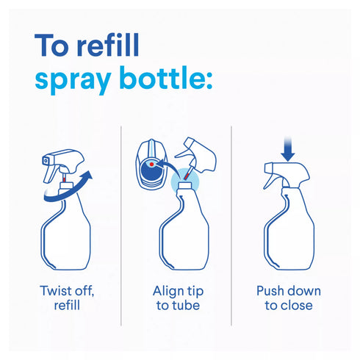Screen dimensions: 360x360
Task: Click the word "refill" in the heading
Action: (108, 45)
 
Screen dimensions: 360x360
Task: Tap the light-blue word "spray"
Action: (73, 79)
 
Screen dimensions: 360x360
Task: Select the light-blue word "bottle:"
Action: (166, 76)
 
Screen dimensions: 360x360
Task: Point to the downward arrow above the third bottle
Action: (288, 149)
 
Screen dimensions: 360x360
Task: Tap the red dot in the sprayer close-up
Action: (151, 165)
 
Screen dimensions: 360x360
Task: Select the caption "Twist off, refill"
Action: (67, 298)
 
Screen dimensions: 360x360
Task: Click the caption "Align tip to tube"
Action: (178, 298)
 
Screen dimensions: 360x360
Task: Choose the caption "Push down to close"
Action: (289, 298)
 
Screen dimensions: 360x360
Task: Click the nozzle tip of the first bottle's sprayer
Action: (46, 160)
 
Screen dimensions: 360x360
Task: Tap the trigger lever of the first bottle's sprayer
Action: (51, 173)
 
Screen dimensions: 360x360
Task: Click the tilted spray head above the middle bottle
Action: (196, 156)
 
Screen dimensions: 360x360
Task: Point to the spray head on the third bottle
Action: (286, 175)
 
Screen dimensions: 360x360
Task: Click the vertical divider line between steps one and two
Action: (121, 226)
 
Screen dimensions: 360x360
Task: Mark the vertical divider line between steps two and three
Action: (231, 226)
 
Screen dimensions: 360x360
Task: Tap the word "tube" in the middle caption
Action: (185, 306)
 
